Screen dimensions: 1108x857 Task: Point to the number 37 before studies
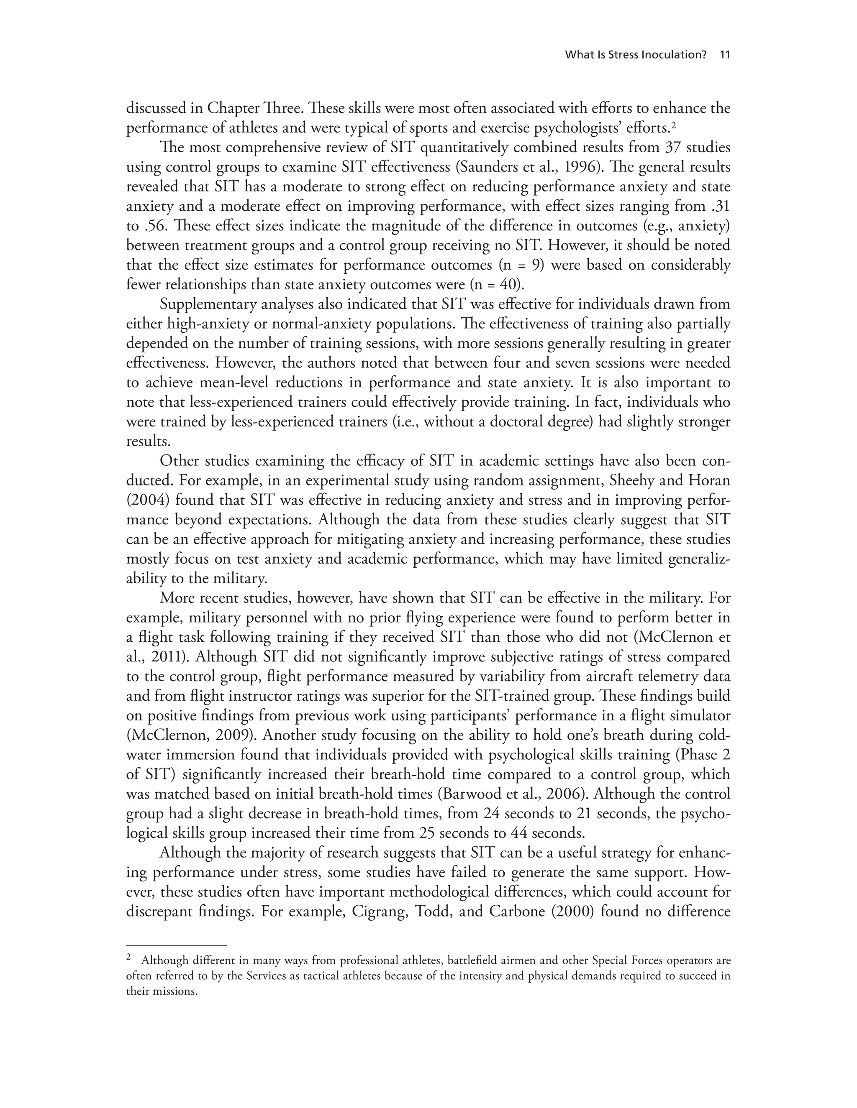click(674, 148)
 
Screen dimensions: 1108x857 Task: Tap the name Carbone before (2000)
click(517, 911)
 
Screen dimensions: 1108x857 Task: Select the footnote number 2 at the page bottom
click(129, 958)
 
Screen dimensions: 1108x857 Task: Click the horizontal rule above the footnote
click(176, 946)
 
